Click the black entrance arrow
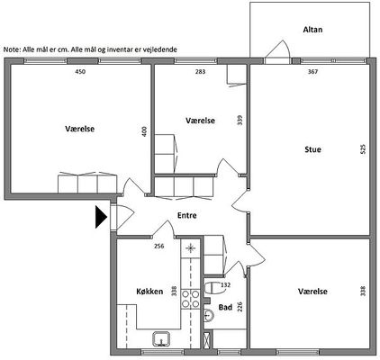click(101, 217)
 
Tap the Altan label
click(312, 30)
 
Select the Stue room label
click(312, 149)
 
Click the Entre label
click(187, 215)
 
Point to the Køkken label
click(149, 291)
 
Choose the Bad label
click(225, 307)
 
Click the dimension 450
click(80, 71)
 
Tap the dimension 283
click(200, 71)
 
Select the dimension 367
click(312, 71)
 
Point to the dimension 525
click(363, 149)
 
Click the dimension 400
click(144, 131)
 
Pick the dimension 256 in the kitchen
click(158, 246)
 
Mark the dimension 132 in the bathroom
click(225, 284)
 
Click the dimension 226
click(240, 307)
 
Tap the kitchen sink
click(161, 338)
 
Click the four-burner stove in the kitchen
click(191, 299)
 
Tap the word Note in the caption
click(12, 49)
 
